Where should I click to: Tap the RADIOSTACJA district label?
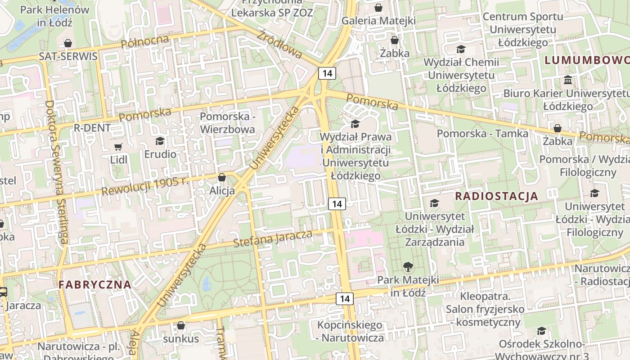(x=496, y=196)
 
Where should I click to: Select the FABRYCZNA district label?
(x=95, y=284)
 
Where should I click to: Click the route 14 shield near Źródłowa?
(x=327, y=73)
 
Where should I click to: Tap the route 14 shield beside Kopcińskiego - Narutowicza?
(x=345, y=298)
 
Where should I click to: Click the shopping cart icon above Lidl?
(x=118, y=147)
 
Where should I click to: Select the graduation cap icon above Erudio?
(x=160, y=141)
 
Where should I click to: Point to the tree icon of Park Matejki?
(x=408, y=267)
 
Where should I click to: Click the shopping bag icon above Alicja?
(x=221, y=177)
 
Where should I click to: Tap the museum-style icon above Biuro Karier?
(x=568, y=80)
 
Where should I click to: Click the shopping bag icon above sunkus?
(x=181, y=325)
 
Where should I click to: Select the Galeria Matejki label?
(x=378, y=21)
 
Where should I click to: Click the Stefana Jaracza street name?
(x=273, y=238)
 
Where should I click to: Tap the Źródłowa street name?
(x=280, y=44)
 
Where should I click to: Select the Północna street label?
(x=145, y=42)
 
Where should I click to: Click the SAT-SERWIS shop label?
(x=68, y=56)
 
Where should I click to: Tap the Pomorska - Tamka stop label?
(x=483, y=133)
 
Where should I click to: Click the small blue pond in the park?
(x=206, y=283)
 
